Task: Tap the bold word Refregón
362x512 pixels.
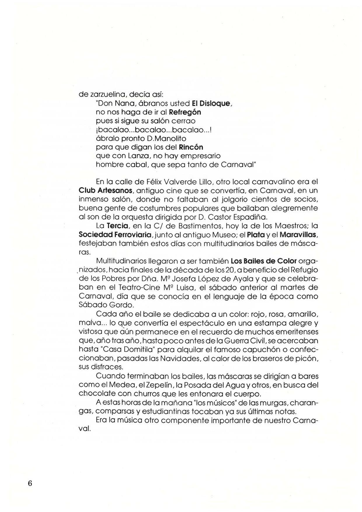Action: click(185, 112)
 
